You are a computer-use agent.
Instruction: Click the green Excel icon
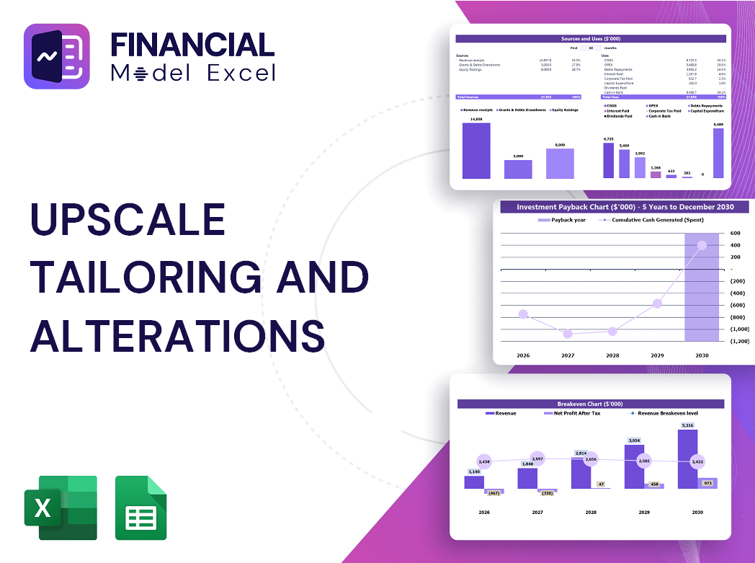click(61, 507)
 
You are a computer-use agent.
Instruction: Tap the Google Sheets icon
click(141, 507)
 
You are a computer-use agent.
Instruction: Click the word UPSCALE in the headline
click(128, 219)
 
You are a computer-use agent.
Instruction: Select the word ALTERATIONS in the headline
click(177, 335)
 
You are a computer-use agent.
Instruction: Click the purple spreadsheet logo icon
click(57, 56)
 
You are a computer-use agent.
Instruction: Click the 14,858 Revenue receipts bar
click(476, 151)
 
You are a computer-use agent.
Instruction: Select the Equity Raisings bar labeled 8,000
click(560, 164)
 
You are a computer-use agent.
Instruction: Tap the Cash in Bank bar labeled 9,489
click(718, 153)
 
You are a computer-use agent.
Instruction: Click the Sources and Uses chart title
click(591, 38)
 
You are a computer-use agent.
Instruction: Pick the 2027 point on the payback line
click(568, 334)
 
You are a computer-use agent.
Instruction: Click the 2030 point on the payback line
click(702, 245)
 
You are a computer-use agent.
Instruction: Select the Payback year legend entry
click(566, 220)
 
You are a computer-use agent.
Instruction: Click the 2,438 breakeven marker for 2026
click(484, 461)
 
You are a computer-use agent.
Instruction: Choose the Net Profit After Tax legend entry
click(576, 413)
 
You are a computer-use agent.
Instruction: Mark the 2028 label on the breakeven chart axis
click(591, 512)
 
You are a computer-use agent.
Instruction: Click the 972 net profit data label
click(707, 483)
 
